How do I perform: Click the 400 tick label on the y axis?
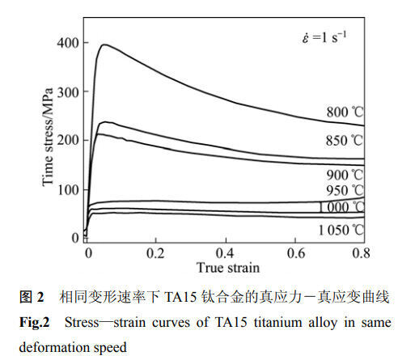click(68, 43)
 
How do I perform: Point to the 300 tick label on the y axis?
click(68, 92)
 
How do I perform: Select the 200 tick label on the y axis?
click(68, 141)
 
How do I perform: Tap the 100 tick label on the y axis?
click(68, 190)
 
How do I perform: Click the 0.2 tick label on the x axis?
click(155, 253)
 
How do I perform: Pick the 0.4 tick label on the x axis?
click(225, 253)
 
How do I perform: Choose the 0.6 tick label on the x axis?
click(296, 253)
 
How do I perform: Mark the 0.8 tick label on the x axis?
click(361, 253)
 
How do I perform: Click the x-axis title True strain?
click(228, 268)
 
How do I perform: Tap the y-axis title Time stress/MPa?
click(48, 138)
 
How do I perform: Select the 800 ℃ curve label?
click(345, 112)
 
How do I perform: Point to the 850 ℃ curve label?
click(345, 141)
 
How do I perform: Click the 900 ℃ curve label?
click(345, 176)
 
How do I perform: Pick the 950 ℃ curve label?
click(345, 191)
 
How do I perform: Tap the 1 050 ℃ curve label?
click(341, 231)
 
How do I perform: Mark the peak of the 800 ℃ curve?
click(104, 44)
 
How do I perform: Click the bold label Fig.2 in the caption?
click(35, 323)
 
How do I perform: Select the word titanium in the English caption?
click(278, 323)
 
